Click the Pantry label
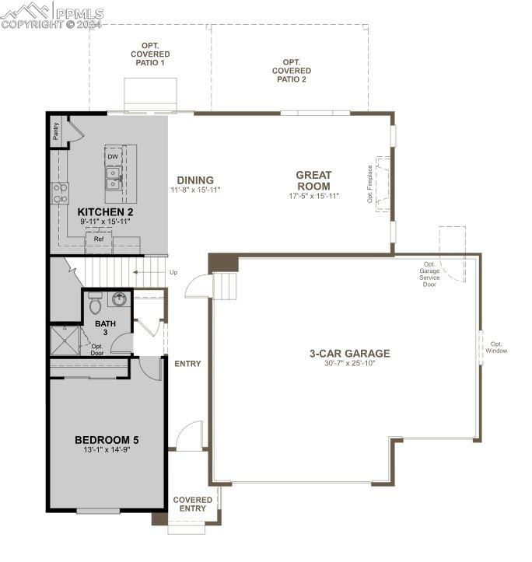pyautogui.click(x=55, y=131)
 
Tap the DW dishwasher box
pyautogui.click(x=113, y=156)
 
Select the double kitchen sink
pyautogui.click(x=114, y=179)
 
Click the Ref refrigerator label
pyautogui.click(x=99, y=239)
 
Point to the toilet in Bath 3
pyautogui.click(x=95, y=303)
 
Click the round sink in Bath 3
pyautogui.click(x=119, y=299)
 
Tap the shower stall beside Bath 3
pyautogui.click(x=65, y=340)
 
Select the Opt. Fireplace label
pyautogui.click(x=370, y=184)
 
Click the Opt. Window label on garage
pyautogui.click(x=496, y=347)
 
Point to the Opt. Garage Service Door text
pyautogui.click(x=429, y=274)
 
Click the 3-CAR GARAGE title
pyautogui.click(x=350, y=354)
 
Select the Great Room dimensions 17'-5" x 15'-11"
pyautogui.click(x=314, y=196)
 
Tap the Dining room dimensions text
pyautogui.click(x=195, y=190)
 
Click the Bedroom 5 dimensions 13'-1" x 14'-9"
pyautogui.click(x=107, y=450)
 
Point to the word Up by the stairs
pyautogui.click(x=173, y=272)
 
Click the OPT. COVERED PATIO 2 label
pyautogui.click(x=292, y=71)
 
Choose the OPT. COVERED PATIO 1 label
pyautogui.click(x=150, y=54)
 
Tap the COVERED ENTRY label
pyautogui.click(x=193, y=504)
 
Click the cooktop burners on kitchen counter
pyautogui.click(x=60, y=193)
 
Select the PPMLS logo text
pyautogui.click(x=80, y=14)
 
